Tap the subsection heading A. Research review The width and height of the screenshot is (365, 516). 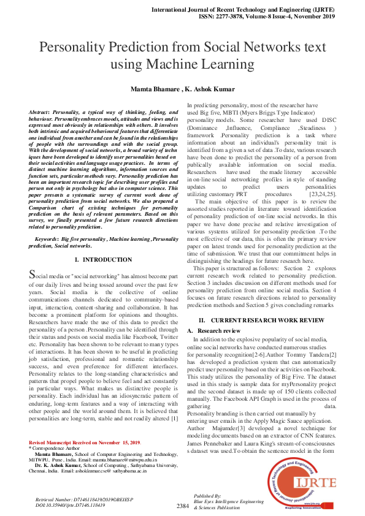click(x=214, y=330)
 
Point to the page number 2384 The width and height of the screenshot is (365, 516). click(x=182, y=506)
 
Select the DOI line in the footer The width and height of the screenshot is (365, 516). click(x=64, y=505)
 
